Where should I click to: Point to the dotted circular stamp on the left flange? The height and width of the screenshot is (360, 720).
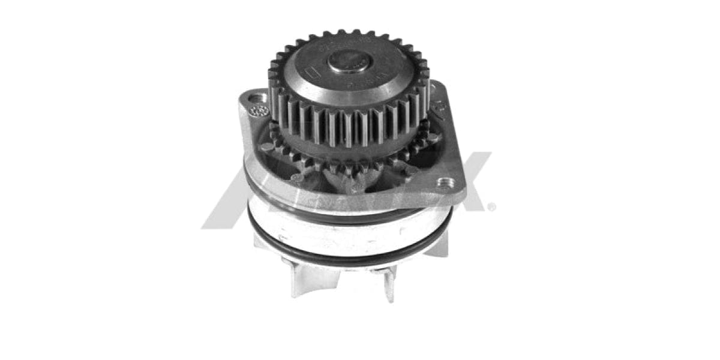pyautogui.click(x=259, y=110)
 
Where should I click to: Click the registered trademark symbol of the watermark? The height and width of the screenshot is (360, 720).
pyautogui.click(x=491, y=207)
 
